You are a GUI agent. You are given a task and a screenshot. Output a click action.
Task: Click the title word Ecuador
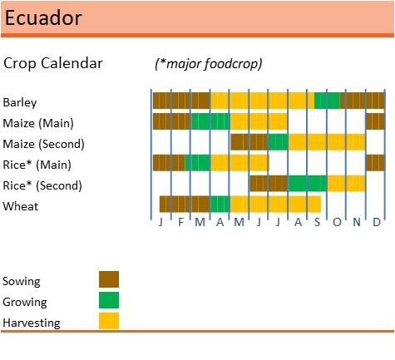click(43, 17)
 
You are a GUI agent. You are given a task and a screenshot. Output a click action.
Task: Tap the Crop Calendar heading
click(53, 63)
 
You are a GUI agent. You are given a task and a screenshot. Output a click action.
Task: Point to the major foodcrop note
click(209, 64)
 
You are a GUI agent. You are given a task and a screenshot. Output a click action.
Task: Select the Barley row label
click(20, 102)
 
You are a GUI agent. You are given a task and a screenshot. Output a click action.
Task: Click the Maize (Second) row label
click(43, 144)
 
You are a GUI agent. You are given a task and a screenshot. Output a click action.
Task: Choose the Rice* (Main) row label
click(37, 165)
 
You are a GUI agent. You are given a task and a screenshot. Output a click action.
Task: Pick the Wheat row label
click(21, 206)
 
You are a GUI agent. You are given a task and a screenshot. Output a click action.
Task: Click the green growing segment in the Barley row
click(327, 101)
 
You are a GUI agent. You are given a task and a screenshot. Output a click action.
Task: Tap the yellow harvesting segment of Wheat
click(275, 205)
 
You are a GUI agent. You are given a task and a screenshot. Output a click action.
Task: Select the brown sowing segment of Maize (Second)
click(249, 142)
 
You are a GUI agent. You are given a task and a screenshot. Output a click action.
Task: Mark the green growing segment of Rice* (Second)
click(308, 184)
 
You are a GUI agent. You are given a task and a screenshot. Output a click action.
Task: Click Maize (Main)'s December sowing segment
click(375, 121)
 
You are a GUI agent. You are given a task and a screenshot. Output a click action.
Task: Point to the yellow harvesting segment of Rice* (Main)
click(239, 163)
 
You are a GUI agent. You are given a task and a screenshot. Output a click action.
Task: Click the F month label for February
click(180, 222)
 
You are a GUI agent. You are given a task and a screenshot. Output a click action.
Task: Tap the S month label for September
click(317, 222)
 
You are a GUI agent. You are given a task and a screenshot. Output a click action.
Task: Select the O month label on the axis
click(337, 222)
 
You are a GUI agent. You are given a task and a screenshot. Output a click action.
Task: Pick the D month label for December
click(377, 222)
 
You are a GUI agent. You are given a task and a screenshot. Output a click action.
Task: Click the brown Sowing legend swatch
click(109, 279)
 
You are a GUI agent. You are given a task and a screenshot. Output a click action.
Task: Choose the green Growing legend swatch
click(109, 300)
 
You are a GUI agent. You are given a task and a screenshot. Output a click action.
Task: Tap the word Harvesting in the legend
click(32, 323)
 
